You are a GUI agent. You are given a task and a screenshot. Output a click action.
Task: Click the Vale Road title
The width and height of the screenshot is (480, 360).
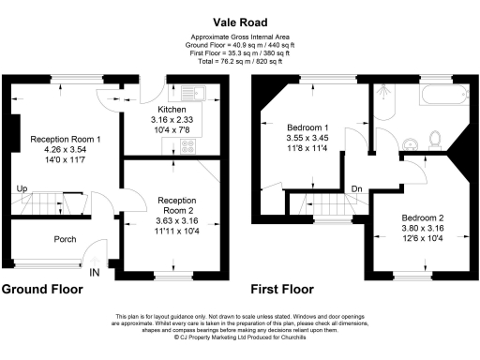pyautogui.click(x=239, y=21)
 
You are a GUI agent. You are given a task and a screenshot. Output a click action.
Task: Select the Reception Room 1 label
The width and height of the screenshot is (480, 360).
pyautogui.click(x=66, y=139)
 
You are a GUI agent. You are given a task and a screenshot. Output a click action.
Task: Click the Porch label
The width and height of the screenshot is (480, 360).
pyautogui.click(x=65, y=239)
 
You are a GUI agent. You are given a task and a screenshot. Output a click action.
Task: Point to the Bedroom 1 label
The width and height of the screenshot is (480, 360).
pyautogui.click(x=307, y=127)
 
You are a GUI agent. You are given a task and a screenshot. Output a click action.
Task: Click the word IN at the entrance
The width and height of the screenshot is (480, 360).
pyautogui.click(x=95, y=273)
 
